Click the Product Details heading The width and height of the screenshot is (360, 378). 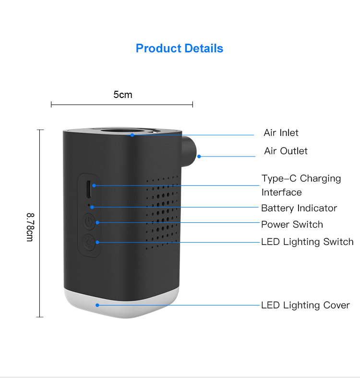tap(180, 49)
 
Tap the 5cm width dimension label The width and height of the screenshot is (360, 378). tap(122, 95)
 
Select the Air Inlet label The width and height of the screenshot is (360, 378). tap(281, 133)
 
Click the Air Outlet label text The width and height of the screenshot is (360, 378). tap(286, 151)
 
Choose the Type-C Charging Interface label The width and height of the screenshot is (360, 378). tap(301, 185)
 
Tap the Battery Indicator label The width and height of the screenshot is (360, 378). tap(299, 208)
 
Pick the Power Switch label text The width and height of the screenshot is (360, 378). tap(292, 224)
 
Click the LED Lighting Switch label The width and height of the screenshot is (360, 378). tap(307, 242)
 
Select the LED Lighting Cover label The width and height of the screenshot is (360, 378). tap(305, 305)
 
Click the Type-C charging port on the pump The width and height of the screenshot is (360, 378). tap(88, 189)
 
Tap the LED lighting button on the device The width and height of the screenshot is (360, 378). tap(88, 242)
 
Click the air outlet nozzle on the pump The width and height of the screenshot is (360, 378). tap(190, 148)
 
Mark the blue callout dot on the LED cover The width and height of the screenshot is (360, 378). tap(97, 305)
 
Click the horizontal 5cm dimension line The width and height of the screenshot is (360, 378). tap(122, 104)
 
